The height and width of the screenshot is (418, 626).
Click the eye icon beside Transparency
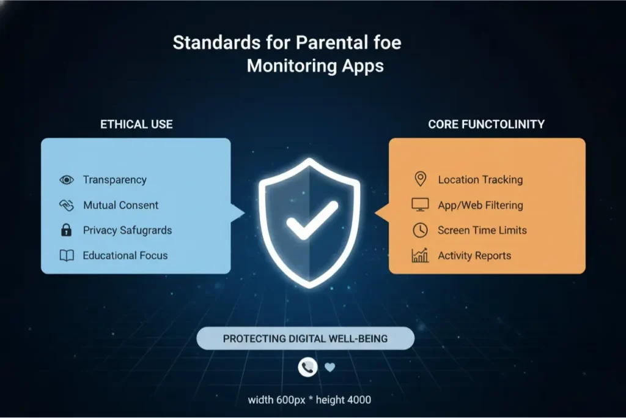click(66, 180)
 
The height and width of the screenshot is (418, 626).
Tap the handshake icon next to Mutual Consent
click(66, 206)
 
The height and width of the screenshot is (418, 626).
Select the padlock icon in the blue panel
click(66, 231)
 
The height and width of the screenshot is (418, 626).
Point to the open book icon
click(66, 256)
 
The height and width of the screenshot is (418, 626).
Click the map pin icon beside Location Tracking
click(420, 179)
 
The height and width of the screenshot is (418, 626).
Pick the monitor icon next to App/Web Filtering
click(420, 205)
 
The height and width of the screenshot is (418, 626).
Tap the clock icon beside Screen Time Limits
click(420, 230)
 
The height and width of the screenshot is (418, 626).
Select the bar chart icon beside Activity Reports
click(420, 255)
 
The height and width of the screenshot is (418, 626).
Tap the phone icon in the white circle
click(307, 367)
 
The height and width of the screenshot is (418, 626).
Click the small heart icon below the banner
click(330, 367)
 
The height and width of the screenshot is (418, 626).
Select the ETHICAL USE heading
click(136, 124)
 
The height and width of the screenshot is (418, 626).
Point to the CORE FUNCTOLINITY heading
click(486, 124)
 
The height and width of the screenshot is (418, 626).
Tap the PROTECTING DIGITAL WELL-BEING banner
click(305, 338)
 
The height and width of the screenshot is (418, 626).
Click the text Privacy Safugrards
click(127, 231)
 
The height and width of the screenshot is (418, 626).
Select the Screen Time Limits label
click(482, 230)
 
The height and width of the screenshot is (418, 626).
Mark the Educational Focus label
click(125, 256)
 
